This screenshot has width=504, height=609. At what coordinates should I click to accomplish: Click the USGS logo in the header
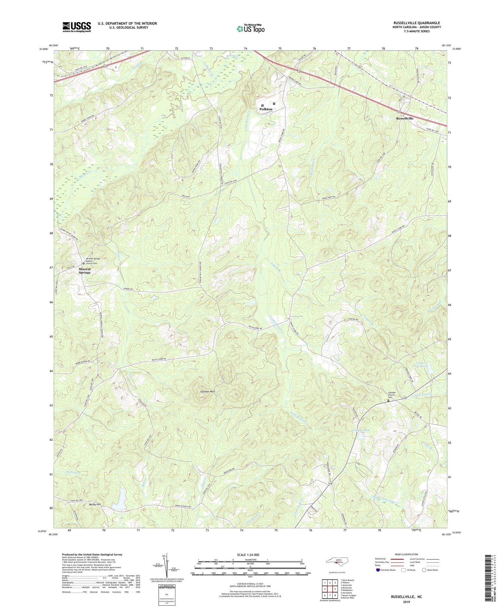[77, 27]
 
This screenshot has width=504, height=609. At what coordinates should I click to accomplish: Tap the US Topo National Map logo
[250, 29]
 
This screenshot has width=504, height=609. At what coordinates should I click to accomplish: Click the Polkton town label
[266, 109]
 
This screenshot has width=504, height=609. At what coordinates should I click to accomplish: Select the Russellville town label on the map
[405, 119]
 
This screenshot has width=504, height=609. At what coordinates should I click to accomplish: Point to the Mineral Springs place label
[84, 271]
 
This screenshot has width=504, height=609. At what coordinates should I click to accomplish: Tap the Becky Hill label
[95, 505]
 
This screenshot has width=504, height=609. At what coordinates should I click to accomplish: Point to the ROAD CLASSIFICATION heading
[407, 554]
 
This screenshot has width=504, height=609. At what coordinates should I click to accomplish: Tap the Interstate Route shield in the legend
[378, 570]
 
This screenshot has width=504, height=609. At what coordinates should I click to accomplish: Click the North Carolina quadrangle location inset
[336, 562]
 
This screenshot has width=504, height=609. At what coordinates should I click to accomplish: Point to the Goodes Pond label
[361, 430]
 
